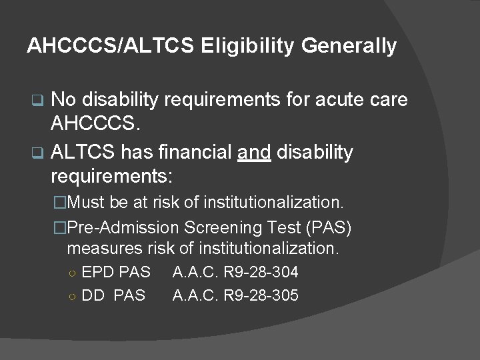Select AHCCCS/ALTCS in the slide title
pyautogui.click(x=111, y=46)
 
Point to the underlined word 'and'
pyautogui.click(x=254, y=153)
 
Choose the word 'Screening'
pyautogui.click(x=217, y=228)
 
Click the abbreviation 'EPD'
pyautogui.click(x=97, y=272)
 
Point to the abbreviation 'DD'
pyautogui.click(x=93, y=295)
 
